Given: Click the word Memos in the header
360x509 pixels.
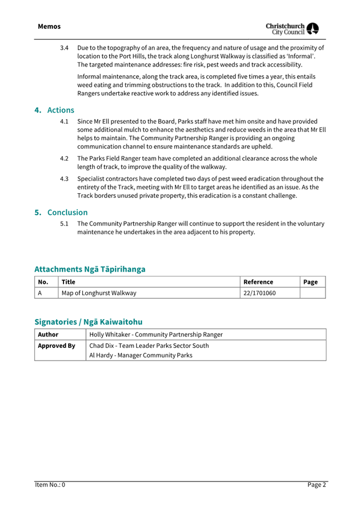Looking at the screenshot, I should click(49, 27).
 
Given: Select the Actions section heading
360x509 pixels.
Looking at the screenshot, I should click(54, 110).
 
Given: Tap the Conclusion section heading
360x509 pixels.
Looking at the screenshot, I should click(61, 212).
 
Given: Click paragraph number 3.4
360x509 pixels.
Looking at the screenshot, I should click(65, 48).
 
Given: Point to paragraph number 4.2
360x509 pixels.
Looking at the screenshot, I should click(65, 158).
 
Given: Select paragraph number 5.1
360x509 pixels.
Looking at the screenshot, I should click(65, 224).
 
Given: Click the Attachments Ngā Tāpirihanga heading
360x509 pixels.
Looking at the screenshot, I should click(90, 269).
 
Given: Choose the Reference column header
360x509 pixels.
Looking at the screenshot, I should click(258, 282).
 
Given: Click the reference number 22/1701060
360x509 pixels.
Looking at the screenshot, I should click(259, 293).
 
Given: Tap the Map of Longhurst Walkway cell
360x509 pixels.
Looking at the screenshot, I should click(99, 293).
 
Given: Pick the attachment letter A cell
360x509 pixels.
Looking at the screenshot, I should click(40, 293).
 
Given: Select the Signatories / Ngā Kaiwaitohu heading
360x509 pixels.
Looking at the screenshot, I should click(88, 322).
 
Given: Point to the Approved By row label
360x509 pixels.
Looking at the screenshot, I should click(56, 346).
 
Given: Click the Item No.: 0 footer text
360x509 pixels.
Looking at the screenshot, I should click(50, 485).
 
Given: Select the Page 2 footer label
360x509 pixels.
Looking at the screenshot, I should click(316, 485).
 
